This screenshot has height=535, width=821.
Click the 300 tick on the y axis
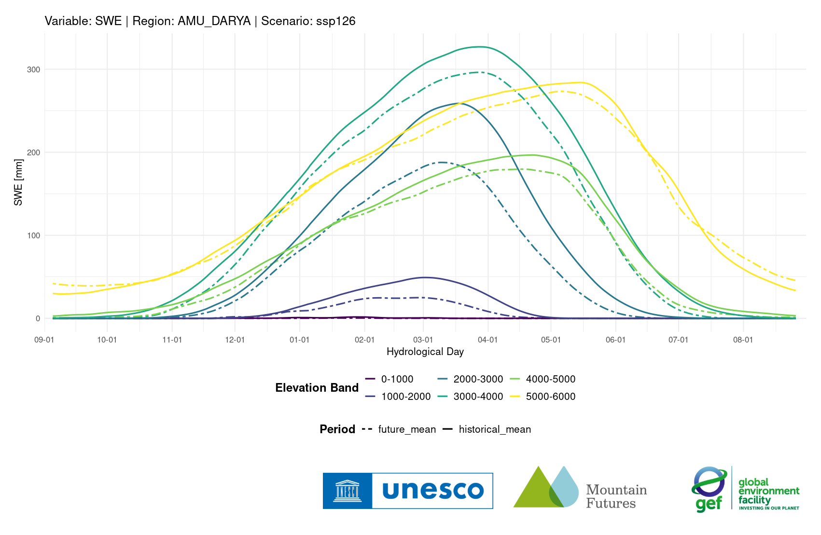coord(33,69)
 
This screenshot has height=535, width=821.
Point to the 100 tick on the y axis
coord(33,235)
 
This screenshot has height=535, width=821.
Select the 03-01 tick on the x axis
coord(423,340)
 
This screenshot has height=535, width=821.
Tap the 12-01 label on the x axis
coord(235,340)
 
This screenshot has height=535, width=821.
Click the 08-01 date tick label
coord(743,340)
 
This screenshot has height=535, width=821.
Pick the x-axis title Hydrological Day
coord(425,352)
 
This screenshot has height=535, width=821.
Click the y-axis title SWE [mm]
coord(18,182)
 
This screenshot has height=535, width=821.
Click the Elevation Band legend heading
coord(317,388)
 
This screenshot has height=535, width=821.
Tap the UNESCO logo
coord(408,491)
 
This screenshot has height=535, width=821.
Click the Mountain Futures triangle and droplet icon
coord(546,487)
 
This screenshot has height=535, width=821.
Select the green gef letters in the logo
coord(709,504)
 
